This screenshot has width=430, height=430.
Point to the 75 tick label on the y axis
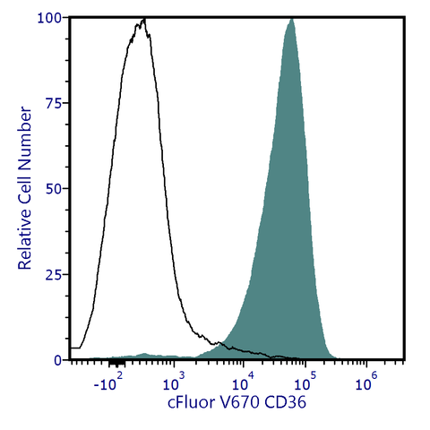pyautogui.click(x=53, y=103)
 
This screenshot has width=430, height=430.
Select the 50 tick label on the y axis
pyautogui.click(x=53, y=189)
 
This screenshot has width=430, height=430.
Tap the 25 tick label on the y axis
pyautogui.click(x=53, y=274)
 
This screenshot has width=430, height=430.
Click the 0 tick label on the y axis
pyautogui.click(x=56, y=360)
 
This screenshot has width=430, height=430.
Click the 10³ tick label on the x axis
pyautogui.click(x=176, y=385)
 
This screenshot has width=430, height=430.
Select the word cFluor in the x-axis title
pyautogui.click(x=192, y=403)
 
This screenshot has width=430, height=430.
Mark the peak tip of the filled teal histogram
pyautogui.click(x=291, y=19)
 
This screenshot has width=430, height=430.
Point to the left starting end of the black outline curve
pyautogui.click(x=70, y=348)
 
